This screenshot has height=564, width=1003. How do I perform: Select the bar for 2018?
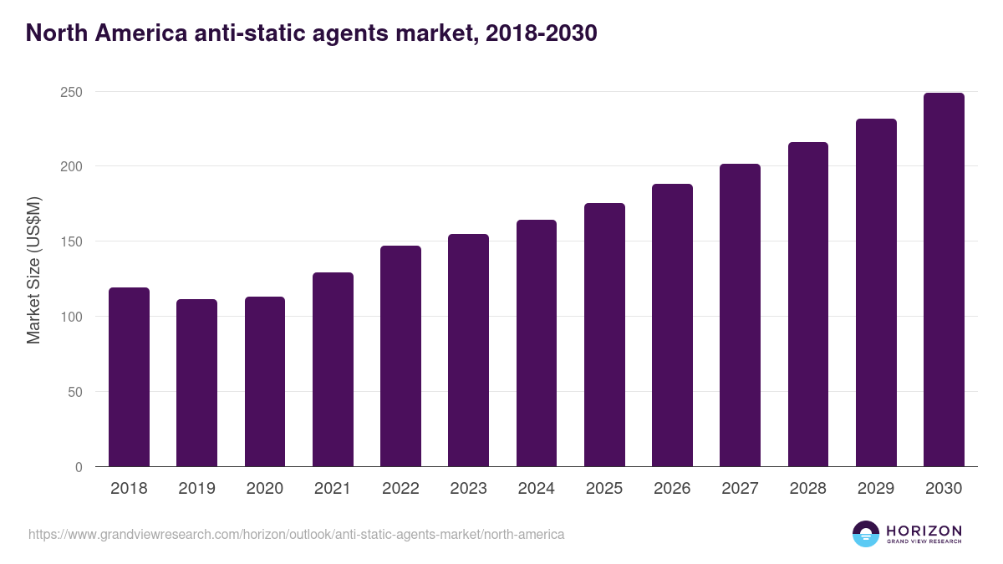129,377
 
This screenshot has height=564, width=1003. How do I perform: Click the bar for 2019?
196,383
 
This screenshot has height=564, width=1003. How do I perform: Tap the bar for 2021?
333,369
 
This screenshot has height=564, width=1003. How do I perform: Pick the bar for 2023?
468,350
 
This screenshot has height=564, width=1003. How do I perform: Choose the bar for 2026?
672,325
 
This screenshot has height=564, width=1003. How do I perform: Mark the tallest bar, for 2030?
944,280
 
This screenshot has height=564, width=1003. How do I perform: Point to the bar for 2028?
808,304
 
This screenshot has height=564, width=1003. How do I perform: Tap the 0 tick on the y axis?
79,467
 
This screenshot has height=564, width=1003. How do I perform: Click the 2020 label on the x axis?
264,489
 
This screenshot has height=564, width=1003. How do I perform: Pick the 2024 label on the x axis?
536,489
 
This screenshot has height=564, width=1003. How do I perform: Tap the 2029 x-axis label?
876,489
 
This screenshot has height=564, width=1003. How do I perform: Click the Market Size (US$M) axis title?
33,271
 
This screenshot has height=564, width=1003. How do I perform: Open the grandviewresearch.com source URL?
296,534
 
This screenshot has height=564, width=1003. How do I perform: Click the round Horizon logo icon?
866,534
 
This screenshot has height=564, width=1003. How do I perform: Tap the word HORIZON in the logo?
924,531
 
